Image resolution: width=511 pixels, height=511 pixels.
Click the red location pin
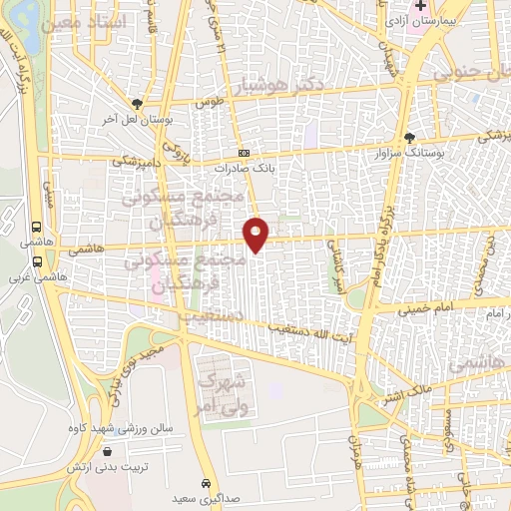coord(256,234)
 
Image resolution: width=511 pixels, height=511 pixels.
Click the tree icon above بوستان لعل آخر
coord(137,103)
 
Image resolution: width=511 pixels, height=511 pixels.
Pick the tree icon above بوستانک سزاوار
coord(409,138)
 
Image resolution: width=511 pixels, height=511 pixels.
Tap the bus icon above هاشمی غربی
coord(37,261)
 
